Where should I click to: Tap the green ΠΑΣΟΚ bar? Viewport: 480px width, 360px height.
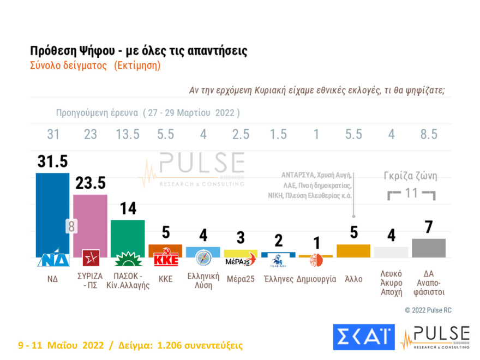(128, 235)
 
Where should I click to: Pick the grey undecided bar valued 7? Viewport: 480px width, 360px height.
(429, 248)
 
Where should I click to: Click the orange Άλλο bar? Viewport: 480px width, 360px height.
(353, 250)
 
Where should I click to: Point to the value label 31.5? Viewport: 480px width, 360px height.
(52, 162)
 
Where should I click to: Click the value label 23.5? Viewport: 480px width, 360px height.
(90, 183)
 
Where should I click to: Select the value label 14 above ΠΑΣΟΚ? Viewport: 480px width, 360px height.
(128, 209)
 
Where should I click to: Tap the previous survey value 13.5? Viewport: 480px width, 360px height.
(128, 135)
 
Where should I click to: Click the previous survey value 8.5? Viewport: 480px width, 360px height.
(429, 135)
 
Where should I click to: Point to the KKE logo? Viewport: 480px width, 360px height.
(166, 259)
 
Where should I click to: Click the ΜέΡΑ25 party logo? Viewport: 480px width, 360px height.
(241, 260)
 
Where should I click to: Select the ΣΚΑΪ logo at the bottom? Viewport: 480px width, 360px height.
(363, 337)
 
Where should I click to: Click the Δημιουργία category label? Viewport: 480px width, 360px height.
(316, 279)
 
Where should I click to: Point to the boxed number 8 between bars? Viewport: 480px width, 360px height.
(71, 226)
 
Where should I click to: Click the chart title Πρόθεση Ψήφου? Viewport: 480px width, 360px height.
(139, 51)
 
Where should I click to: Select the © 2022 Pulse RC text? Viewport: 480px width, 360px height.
(428, 310)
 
